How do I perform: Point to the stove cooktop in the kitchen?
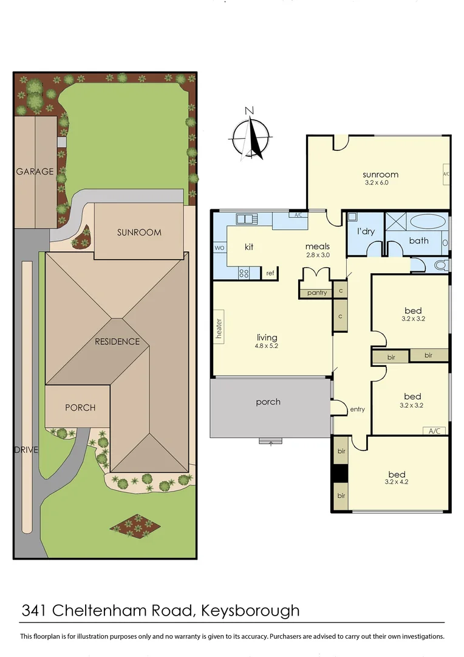245,273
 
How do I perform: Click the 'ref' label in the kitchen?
270,273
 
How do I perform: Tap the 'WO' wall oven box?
220,248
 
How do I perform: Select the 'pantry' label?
316,293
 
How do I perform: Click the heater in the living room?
219,329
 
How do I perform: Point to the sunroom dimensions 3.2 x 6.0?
376,182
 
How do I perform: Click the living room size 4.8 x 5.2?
267,347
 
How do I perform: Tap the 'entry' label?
357,409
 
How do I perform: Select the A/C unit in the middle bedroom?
434,431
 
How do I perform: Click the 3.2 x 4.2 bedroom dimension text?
397,482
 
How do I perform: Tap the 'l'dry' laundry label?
364,232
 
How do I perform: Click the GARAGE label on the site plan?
35,172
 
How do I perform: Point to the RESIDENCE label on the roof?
117,341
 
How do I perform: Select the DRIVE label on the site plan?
27,450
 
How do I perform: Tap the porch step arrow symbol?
270,442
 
